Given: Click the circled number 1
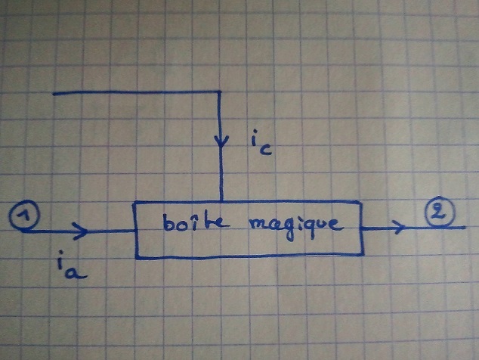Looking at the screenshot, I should pyautogui.click(x=23, y=218).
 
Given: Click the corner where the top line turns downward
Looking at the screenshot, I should pyautogui.click(x=220, y=92).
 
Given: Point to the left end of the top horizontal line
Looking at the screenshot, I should pyautogui.click(x=54, y=94).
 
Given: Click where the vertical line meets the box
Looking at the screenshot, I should pyautogui.click(x=221, y=203).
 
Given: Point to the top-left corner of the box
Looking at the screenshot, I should pyautogui.click(x=134, y=203).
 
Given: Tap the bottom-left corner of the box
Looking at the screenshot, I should pyautogui.click(x=136, y=256).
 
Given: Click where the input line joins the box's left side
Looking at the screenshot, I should pyautogui.click(x=135, y=231).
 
